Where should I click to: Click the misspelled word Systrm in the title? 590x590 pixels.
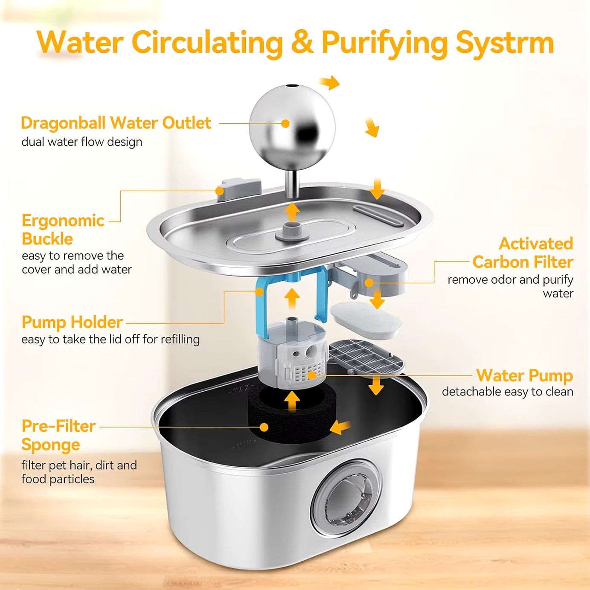coord(504,43)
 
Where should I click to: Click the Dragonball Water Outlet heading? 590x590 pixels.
coord(116,123)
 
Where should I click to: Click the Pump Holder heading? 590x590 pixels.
coord(72,322)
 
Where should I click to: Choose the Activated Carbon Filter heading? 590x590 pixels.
coord(523,253)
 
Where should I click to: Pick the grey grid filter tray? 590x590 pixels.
coord(366,357)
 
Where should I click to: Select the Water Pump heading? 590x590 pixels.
coord(524,375)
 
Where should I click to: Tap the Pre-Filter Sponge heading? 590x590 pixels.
coord(58,435)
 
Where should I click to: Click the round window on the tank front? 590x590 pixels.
coord(346,498)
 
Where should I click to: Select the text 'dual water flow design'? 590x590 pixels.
coord(82,142)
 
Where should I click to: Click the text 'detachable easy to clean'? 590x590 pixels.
coord(507,392)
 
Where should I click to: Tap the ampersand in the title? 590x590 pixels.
coord(302,43)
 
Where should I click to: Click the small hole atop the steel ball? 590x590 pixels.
coord(292,86)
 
